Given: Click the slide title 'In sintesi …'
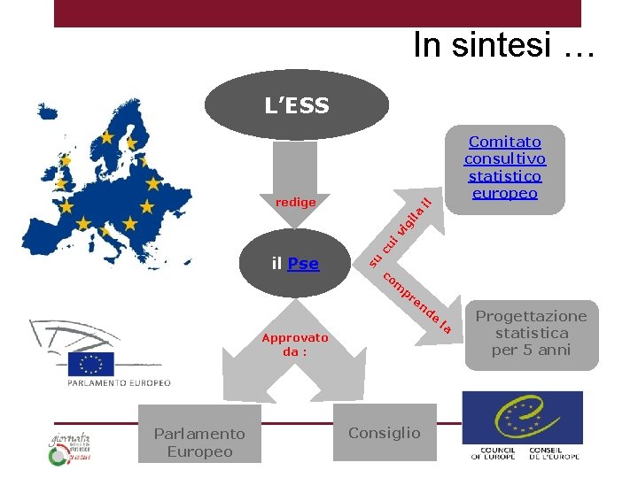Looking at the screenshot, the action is (x=503, y=45).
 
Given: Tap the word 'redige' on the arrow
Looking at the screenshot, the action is (x=295, y=203).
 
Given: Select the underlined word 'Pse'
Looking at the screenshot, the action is (x=303, y=264).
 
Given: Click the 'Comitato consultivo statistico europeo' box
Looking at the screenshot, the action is (x=504, y=168).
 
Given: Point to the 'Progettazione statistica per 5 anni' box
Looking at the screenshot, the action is (x=531, y=333).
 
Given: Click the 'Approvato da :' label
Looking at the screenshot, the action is (x=294, y=344).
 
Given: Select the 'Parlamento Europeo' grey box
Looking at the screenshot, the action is (x=198, y=442).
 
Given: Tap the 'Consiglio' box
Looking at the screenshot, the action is (x=384, y=433).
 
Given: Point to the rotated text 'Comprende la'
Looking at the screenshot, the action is (x=417, y=305).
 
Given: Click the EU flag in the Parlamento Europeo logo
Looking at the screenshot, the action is (x=97, y=364).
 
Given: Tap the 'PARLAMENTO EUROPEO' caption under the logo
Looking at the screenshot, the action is (x=119, y=383).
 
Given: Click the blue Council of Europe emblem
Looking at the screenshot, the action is (x=523, y=418).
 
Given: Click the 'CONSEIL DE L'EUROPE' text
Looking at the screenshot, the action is (x=555, y=453).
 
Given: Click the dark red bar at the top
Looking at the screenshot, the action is (x=317, y=12).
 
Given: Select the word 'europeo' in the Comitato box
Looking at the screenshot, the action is (x=504, y=193).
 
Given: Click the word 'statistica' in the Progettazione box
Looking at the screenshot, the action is (x=531, y=333).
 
